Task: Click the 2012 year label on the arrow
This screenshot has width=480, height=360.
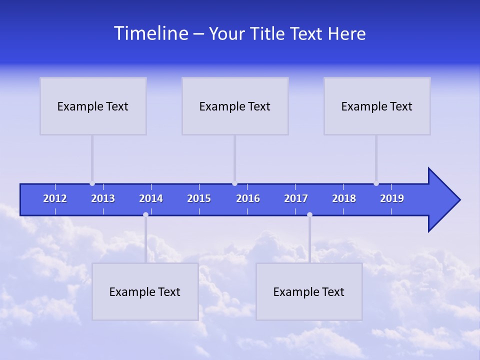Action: click(55, 198)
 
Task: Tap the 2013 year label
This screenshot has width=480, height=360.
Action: click(103, 198)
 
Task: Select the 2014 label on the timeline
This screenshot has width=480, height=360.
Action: click(151, 198)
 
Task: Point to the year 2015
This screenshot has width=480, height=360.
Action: click(199, 198)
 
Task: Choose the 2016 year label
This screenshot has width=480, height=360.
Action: click(248, 198)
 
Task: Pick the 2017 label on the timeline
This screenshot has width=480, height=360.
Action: click(296, 198)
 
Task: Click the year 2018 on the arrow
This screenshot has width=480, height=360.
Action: click(344, 198)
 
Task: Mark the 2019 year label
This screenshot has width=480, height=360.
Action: click(392, 198)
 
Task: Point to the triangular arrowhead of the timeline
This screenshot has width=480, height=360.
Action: click(442, 200)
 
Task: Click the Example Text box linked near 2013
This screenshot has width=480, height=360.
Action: click(93, 106)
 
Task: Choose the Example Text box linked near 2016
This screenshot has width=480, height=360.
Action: click(235, 106)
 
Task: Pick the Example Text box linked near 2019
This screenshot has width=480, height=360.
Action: click(377, 106)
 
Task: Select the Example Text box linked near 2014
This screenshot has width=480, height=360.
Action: click(145, 291)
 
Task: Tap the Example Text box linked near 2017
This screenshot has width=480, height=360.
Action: click(309, 291)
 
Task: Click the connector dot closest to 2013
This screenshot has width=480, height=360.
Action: click(92, 183)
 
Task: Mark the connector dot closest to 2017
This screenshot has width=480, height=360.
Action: click(309, 215)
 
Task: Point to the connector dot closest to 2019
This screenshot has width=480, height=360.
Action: click(376, 183)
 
